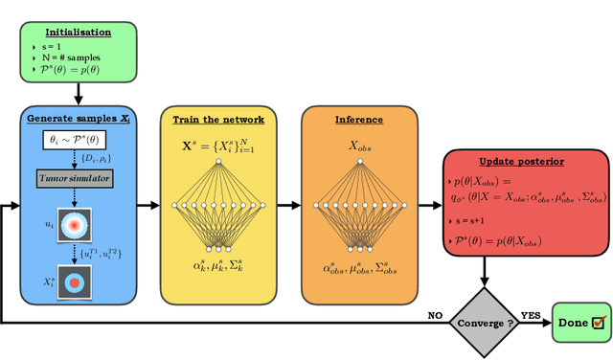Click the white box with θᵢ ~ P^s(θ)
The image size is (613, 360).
[79, 141]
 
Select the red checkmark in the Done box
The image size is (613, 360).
[601, 324]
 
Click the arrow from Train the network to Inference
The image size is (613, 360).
[287, 204]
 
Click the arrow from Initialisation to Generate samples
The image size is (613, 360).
[79, 96]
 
